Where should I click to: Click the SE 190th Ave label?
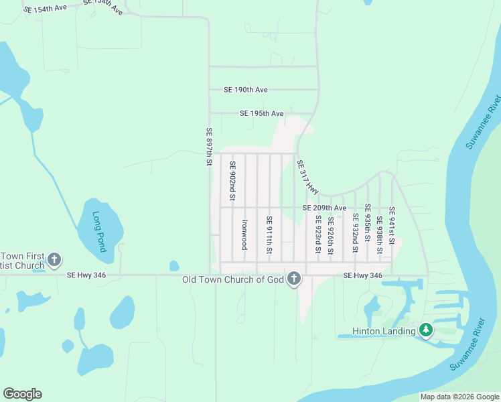click(246, 90)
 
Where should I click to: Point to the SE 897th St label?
click(209, 147)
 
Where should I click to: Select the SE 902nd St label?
click(232, 181)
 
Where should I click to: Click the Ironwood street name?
click(245, 234)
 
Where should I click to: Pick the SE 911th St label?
click(269, 234)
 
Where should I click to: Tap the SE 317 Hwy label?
click(307, 177)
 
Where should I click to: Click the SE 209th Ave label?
click(324, 208)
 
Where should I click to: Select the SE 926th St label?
click(330, 234)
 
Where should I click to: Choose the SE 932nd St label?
click(355, 234)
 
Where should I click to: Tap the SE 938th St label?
click(379, 234)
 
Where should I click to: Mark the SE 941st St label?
click(392, 226)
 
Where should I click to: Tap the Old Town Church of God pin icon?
click(293, 279)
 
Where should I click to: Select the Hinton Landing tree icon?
click(425, 330)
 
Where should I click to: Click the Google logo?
click(22, 394)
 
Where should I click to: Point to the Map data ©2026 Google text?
click(459, 397)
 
